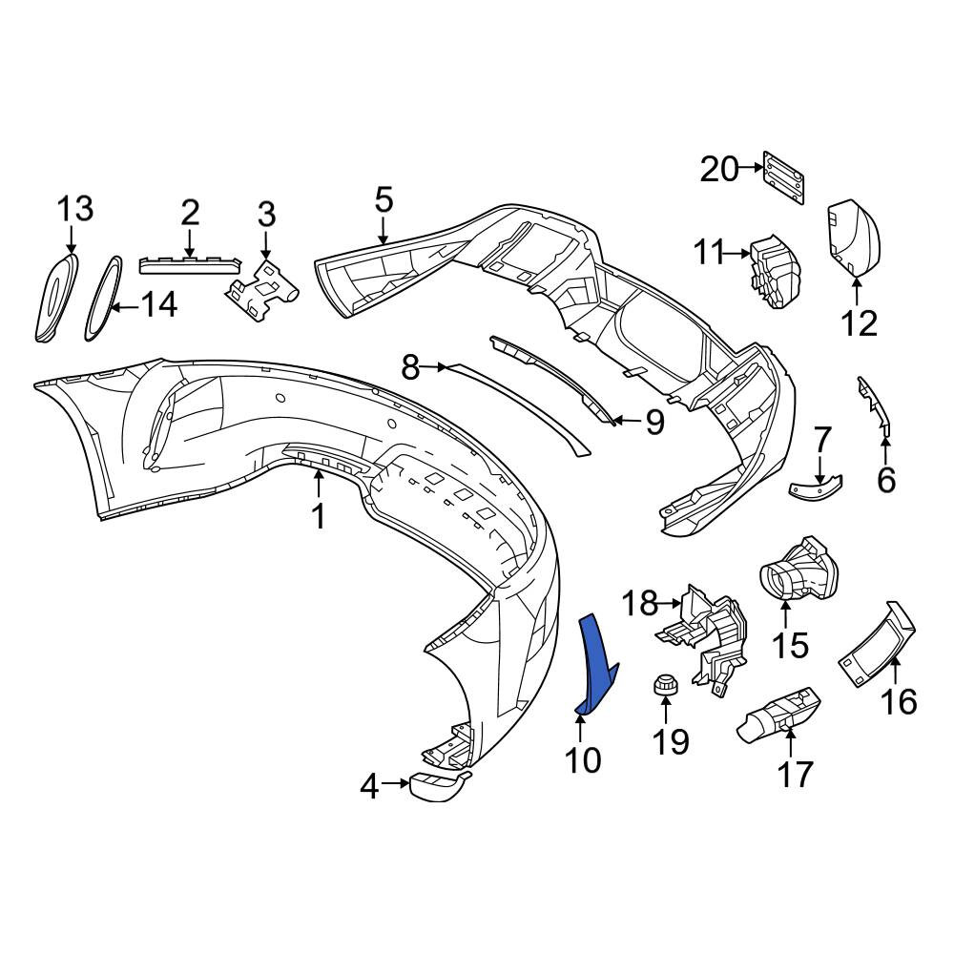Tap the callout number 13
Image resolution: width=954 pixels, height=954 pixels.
pyautogui.click(x=75, y=209)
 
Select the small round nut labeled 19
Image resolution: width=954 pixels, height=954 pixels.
pyautogui.click(x=666, y=684)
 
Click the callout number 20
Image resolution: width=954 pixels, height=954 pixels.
pyautogui.click(x=719, y=170)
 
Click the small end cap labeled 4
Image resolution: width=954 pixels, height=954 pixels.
pyautogui.click(x=437, y=785)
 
